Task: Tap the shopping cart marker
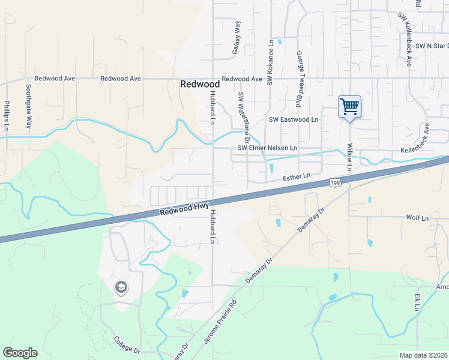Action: [349, 107]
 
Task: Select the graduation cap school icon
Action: [121, 287]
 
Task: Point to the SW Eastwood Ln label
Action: [294, 119]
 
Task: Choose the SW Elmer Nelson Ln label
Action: [268, 148]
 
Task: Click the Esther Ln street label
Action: [297, 176]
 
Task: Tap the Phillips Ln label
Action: [7, 115]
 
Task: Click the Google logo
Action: [20, 353]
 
